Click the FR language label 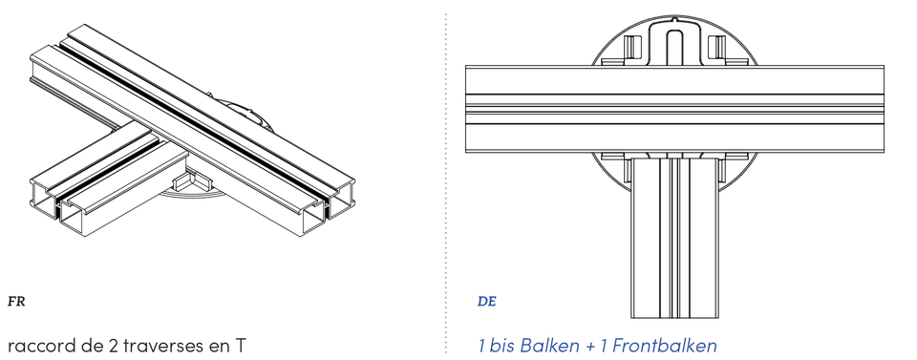point(16,302)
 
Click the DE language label point(486,302)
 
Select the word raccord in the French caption point(41,346)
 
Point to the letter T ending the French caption point(240,345)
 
